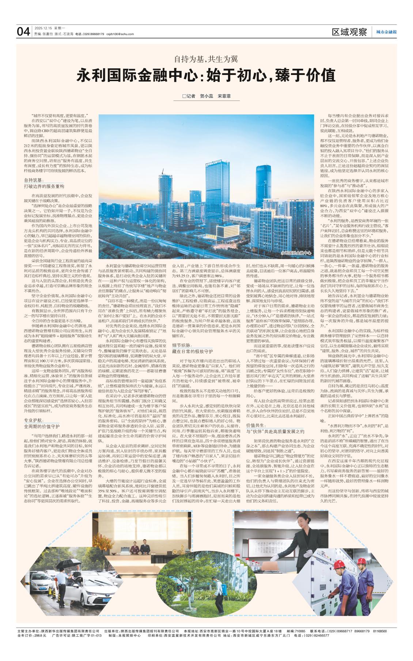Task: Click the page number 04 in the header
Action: [23, 32]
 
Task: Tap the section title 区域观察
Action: [349, 32]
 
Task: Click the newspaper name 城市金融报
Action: [386, 32]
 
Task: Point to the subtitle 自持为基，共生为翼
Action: [206, 59]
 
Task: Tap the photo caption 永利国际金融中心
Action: [296, 253]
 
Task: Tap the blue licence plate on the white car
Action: [106, 600]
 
